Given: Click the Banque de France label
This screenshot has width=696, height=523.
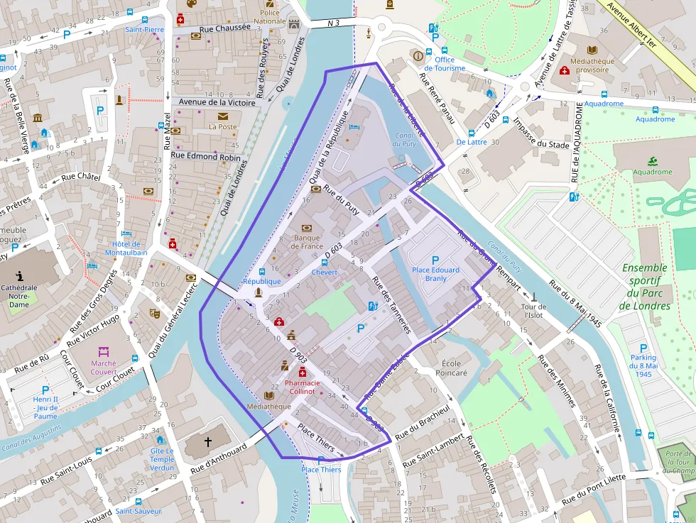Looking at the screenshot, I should click(x=307, y=242).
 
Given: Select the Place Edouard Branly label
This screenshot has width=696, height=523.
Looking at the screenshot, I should click(x=435, y=274).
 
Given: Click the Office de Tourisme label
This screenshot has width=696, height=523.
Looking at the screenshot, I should click(x=445, y=64).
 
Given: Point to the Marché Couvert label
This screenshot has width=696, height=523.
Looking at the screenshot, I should click(x=104, y=368).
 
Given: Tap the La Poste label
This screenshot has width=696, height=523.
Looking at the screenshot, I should click(x=222, y=127).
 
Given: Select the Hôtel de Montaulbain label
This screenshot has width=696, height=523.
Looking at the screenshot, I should click(x=126, y=248).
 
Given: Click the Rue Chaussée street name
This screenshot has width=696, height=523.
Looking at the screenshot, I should click(x=225, y=28).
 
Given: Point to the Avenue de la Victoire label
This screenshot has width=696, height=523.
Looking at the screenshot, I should click(x=217, y=102).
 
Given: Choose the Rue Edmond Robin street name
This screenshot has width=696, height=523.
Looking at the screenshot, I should click(x=205, y=156).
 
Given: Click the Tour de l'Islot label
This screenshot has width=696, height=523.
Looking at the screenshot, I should click(x=534, y=311).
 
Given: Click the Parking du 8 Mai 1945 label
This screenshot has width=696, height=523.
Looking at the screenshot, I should click(x=643, y=365).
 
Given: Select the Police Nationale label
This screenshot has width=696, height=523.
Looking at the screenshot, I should click(x=270, y=17).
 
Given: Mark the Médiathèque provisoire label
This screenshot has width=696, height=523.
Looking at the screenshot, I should click(x=592, y=65).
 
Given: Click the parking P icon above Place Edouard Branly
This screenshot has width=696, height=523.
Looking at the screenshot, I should click(x=435, y=260).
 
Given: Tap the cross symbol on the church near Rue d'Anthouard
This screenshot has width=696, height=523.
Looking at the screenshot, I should click(x=208, y=442).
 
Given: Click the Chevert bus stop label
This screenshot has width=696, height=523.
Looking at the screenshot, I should click(x=324, y=272).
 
